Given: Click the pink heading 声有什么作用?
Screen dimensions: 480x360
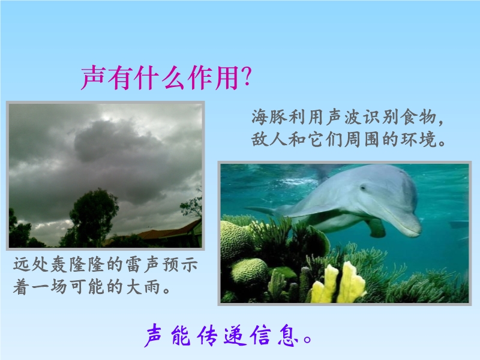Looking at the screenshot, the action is (166, 77).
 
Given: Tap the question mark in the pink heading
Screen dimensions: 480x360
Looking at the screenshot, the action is (246, 76).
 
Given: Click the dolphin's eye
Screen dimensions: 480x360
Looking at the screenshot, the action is (363, 187).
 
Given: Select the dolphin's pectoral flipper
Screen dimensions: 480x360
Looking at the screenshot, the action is (376, 228).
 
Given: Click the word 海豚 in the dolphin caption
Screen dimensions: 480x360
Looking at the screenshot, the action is (269, 117).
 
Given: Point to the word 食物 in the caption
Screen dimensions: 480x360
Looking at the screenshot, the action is (418, 117).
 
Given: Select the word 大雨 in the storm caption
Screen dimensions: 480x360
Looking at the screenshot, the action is (142, 287).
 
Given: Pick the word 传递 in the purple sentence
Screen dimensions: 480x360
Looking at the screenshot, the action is (221, 336).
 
